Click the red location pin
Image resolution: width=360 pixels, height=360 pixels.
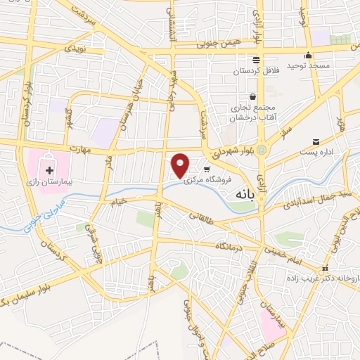(181, 165)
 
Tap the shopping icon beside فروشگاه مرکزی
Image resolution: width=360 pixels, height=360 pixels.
(207, 169)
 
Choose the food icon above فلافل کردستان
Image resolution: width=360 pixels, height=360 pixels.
(256, 60)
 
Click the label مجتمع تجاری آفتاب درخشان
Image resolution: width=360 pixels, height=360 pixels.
(248, 113)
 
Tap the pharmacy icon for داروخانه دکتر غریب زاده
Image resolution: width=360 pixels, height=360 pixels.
(325, 269)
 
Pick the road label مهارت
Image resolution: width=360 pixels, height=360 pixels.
(81, 149)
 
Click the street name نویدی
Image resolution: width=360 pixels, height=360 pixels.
(74, 49)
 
